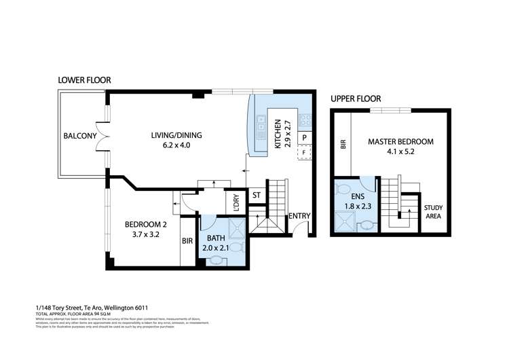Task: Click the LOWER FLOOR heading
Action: pos(84,80)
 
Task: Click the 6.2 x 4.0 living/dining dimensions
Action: pos(176,145)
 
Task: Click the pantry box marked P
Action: pos(305,138)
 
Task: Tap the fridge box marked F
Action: pos(305,152)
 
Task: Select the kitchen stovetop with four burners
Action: pos(305,120)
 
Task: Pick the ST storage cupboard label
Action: pos(257,196)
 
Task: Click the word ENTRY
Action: pos(299,217)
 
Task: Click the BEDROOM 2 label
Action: pos(145,225)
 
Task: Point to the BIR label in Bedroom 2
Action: pos(187,240)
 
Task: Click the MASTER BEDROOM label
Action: pos(400,142)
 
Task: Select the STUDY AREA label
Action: pos(433,212)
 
